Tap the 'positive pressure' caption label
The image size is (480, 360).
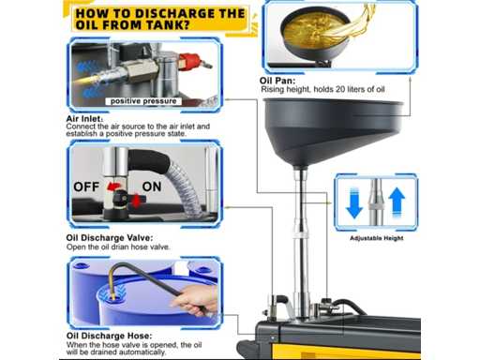[143, 101]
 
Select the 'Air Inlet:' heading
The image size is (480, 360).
[84, 119]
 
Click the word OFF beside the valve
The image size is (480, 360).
[86, 187]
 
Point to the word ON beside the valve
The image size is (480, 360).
[152, 187]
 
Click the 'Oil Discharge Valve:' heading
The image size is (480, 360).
[110, 238]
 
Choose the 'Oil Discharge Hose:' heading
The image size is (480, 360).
[109, 336]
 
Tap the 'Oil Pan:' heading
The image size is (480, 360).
[277, 81]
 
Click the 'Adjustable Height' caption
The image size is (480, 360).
[376, 238]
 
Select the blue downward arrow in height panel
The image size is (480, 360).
[354, 203]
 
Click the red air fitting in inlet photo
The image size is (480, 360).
[191, 61]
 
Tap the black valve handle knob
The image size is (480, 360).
[120, 198]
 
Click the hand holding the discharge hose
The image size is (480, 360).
[197, 299]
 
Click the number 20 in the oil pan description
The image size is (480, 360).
[340, 89]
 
